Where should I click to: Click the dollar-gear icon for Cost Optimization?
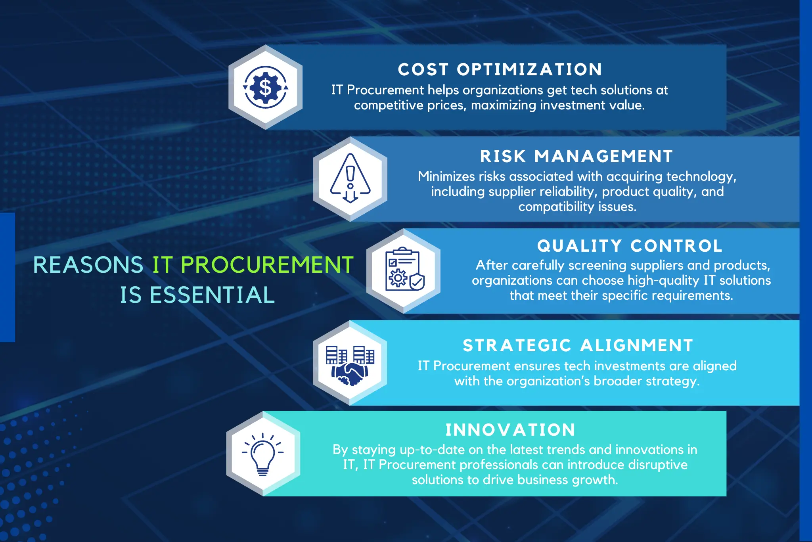tap(265, 87)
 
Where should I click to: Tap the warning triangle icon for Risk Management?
tap(350, 179)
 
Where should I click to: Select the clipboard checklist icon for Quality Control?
tap(404, 270)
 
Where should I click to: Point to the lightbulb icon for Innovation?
tap(262, 454)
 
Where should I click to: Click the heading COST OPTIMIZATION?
tap(500, 70)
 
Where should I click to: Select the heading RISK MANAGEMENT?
tap(576, 156)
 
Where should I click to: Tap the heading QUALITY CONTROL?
tap(630, 246)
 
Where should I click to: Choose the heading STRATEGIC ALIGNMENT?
tap(578, 345)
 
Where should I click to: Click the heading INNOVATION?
tap(510, 430)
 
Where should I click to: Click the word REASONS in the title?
tap(88, 265)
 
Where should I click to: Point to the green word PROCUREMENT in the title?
tap(267, 265)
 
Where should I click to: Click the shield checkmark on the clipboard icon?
tap(417, 282)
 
